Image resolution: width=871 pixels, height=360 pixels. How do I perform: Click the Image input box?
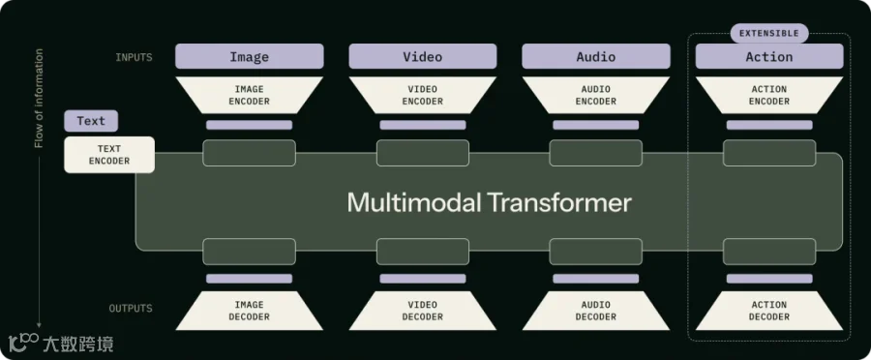pos(250,56)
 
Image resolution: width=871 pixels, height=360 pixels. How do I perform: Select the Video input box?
pos(423,56)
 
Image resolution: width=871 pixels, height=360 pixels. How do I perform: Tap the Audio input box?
pos(596,56)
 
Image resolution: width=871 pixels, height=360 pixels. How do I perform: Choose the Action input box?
pos(769,56)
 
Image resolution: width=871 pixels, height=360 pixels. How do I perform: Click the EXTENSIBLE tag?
pos(769,33)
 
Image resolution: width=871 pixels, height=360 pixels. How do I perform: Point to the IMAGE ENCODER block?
pos(250,95)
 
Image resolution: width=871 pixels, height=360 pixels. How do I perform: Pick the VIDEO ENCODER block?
pos(423,95)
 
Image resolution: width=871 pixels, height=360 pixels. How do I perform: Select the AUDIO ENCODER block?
pos(596,95)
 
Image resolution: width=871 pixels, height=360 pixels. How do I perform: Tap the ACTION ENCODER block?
pos(769,95)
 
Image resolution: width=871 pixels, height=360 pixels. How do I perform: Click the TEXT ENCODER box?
pos(109,155)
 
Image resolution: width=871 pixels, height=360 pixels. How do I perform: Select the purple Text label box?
pos(91,121)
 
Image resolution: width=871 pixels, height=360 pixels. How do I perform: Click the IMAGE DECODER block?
pos(250,311)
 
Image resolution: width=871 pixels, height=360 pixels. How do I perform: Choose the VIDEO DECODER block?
pos(423,311)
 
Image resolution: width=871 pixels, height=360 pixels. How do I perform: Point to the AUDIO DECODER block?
pos(596,311)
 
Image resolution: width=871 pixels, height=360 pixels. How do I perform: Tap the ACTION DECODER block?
pos(769,311)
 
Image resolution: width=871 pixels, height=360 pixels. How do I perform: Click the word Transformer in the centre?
pos(560,203)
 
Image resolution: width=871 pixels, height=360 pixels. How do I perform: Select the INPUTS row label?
pos(134,57)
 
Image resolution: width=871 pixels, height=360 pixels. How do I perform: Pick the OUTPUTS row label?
pos(131,309)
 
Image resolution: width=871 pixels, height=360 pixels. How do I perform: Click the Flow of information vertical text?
pos(39,99)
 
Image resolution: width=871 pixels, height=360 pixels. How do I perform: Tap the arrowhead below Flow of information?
pos(39,324)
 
